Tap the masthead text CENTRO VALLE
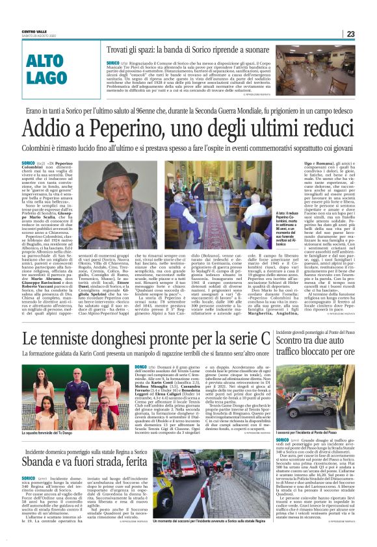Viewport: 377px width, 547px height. (33, 31)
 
